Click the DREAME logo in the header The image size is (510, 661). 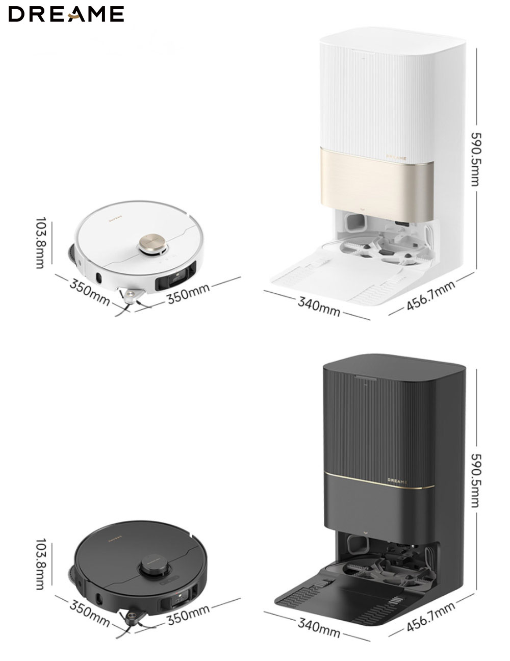pyautogui.click(x=66, y=14)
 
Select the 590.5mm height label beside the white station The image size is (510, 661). pyautogui.click(x=475, y=159)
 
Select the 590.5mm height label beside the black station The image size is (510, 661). pyautogui.click(x=475, y=480)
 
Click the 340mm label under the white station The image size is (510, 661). pyautogui.click(x=318, y=307)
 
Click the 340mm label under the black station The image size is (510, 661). pyautogui.click(x=318, y=628)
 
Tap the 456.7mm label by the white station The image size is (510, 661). pyautogui.click(x=431, y=295)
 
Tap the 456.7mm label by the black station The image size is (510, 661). pyautogui.click(x=431, y=617)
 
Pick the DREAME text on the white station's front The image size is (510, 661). pyautogui.click(x=396, y=158)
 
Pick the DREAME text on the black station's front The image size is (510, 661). pyautogui.click(x=397, y=481)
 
